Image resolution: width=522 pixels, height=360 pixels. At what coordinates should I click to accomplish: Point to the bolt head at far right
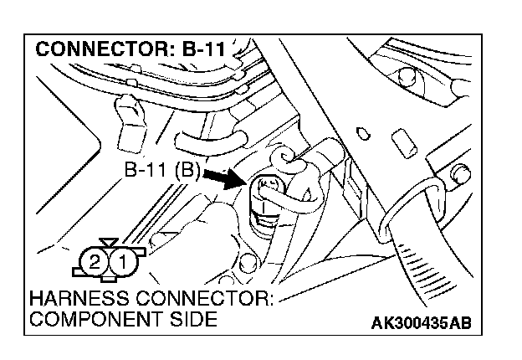tap(459, 175)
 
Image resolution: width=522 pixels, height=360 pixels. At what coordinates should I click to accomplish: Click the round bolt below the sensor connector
tap(245, 266)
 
